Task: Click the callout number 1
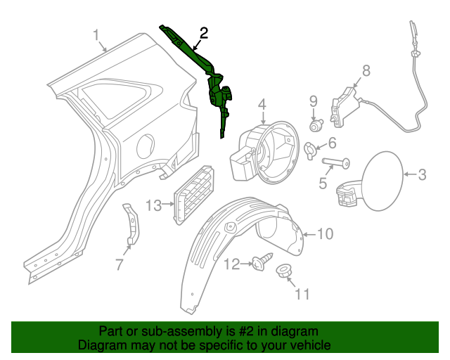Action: [97, 35]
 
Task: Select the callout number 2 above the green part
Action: [203, 32]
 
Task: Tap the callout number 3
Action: [422, 174]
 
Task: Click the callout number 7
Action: [119, 265]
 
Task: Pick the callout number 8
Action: [366, 70]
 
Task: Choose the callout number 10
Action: [325, 233]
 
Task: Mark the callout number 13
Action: [154, 205]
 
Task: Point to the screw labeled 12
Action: [264, 263]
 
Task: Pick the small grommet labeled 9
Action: [316, 127]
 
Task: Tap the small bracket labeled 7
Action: [131, 224]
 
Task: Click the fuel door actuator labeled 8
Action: [345, 107]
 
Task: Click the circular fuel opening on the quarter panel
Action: [146, 147]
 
